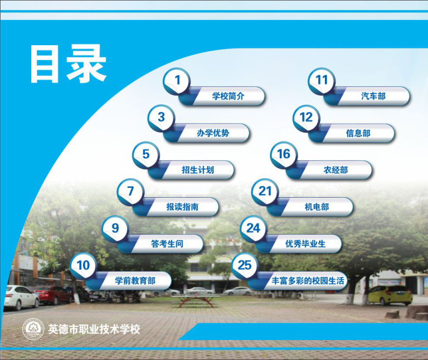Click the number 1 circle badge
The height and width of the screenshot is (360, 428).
[177, 81]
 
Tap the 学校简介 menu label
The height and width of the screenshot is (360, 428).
[228, 96]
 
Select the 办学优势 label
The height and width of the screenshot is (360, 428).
[213, 133]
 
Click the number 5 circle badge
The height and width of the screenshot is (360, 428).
[146, 155]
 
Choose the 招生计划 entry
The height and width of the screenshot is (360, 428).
[198, 170]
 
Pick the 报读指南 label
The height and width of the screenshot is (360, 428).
[182, 207]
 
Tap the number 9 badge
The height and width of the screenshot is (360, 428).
[115, 228]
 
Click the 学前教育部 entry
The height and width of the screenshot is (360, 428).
[135, 280]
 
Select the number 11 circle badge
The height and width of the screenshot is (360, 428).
[322, 81]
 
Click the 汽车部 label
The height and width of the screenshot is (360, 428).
[373, 96]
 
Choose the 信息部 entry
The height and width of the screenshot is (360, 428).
[358, 133]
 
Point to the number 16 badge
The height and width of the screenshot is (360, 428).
[284, 155]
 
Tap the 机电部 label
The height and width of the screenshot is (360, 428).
[317, 207]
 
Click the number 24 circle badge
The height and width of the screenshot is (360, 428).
[254, 228]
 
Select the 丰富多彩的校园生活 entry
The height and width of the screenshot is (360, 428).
[308, 280]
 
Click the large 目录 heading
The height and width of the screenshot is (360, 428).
[68, 64]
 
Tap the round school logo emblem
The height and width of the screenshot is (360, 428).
[33, 329]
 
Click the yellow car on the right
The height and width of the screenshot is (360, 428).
[390, 295]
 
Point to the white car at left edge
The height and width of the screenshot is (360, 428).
[21, 297]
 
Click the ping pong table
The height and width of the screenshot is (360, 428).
[196, 300]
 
